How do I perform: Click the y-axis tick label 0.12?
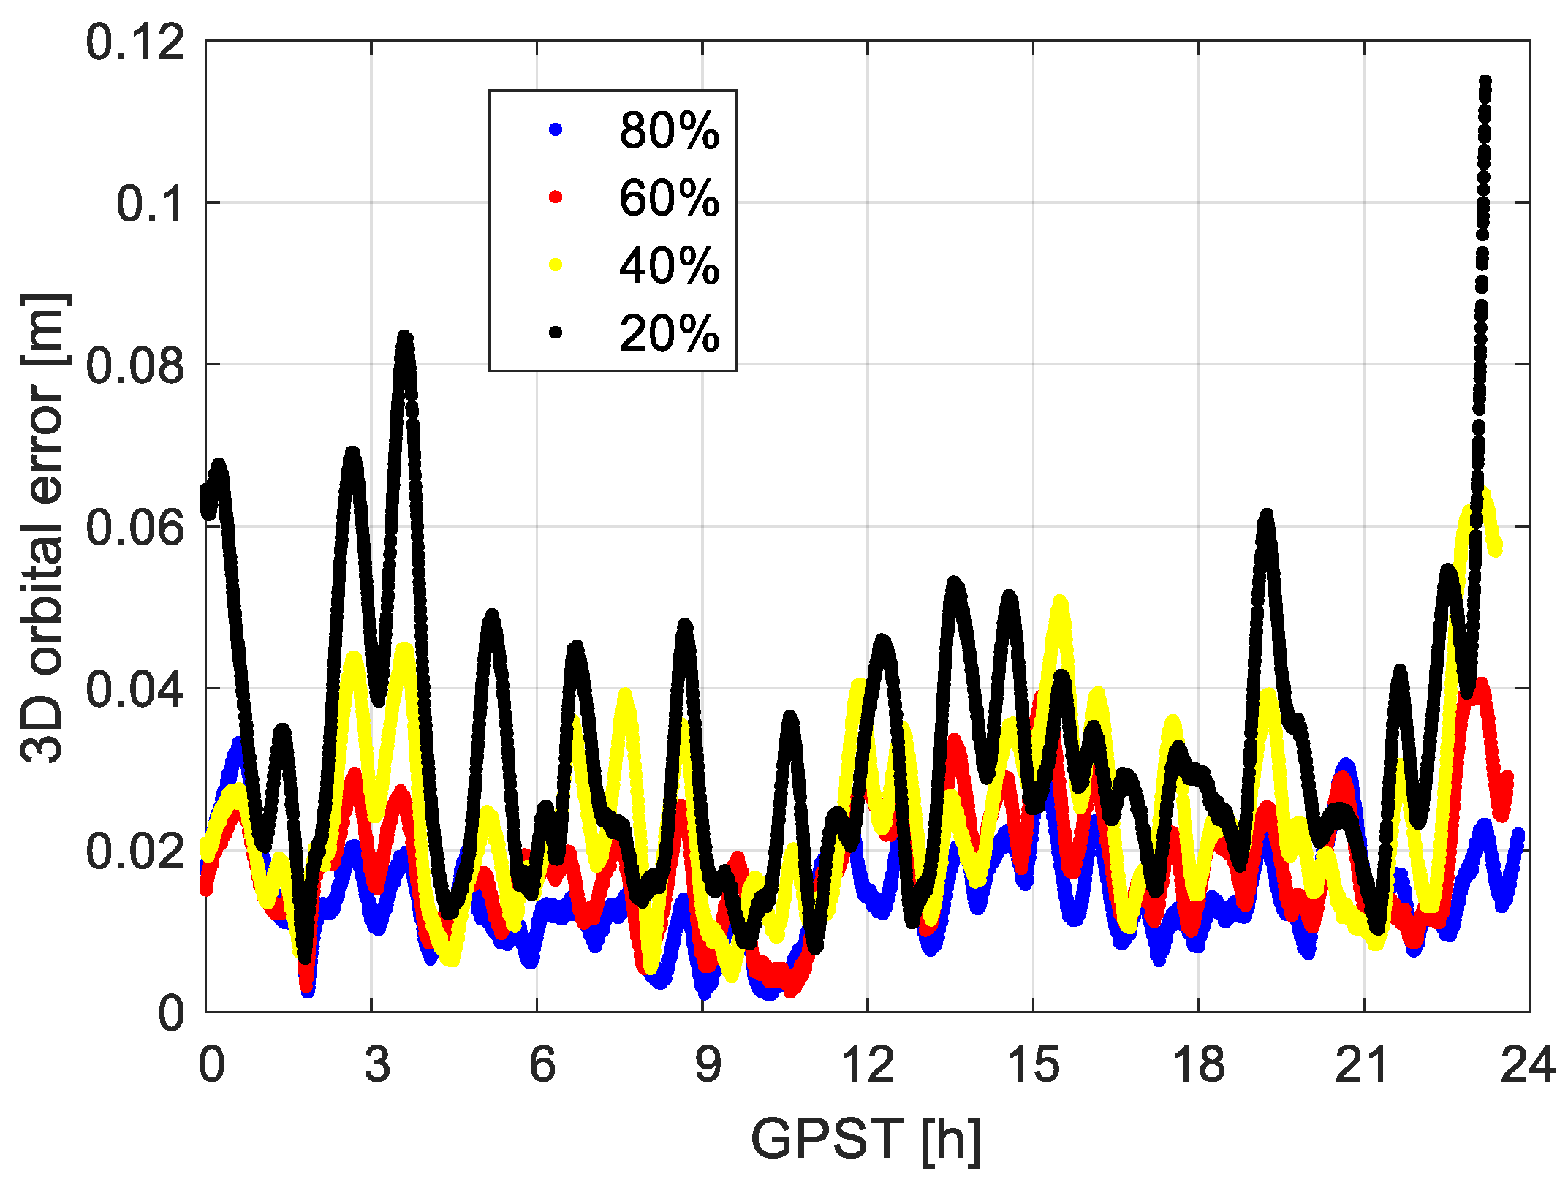[135, 42]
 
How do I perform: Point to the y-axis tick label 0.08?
[135, 365]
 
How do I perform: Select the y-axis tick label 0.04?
[135, 689]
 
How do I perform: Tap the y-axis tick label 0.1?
[150, 203]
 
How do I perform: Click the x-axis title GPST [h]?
[866, 1139]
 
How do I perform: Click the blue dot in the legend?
[556, 130]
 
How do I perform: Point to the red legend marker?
[556, 197]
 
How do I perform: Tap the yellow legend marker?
[556, 265]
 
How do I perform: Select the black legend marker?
[556, 333]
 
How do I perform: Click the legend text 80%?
[669, 131]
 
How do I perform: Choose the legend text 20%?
[669, 334]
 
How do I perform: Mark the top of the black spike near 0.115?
[1485, 81]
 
